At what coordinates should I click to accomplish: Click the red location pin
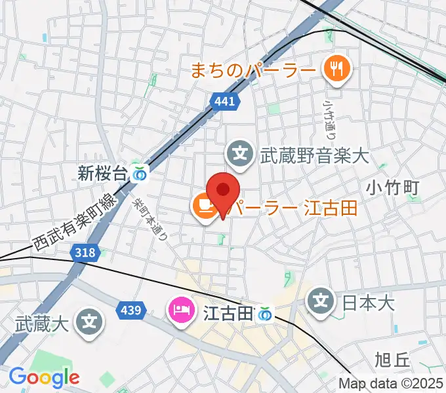(223, 191)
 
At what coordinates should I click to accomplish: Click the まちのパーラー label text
(253, 69)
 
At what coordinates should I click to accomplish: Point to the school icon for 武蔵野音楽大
(241, 155)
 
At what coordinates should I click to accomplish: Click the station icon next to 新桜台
(139, 174)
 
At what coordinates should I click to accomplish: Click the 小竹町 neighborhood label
(392, 188)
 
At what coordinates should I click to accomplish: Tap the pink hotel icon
(180, 308)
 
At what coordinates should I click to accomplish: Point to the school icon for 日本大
(321, 301)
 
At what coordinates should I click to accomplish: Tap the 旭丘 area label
(392, 359)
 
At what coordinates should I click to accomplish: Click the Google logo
(44, 377)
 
